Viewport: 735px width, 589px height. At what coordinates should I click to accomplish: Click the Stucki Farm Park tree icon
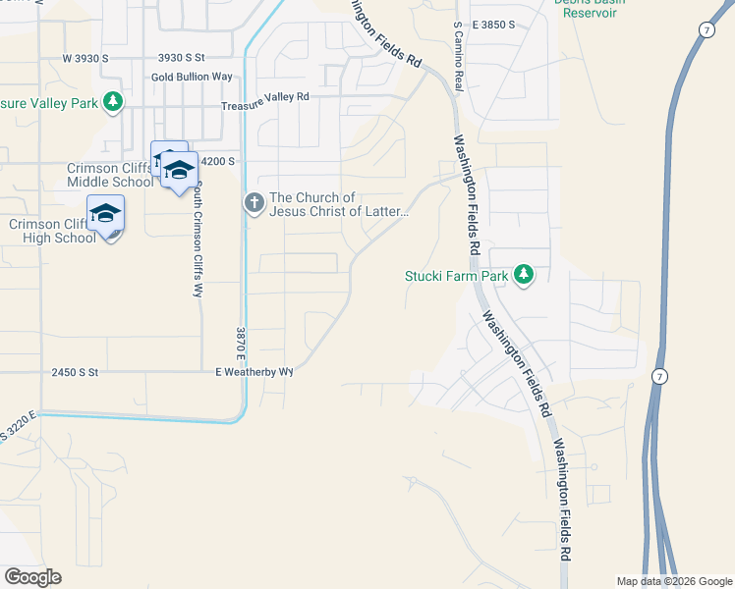tap(524, 275)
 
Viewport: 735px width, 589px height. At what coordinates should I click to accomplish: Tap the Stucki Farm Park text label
tap(457, 276)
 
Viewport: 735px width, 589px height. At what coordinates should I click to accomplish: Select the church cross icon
tap(254, 203)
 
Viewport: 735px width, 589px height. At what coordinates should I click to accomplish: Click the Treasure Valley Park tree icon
tap(114, 100)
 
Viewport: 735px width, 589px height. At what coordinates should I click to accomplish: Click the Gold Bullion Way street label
tap(192, 77)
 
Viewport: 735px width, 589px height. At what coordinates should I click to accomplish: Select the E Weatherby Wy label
tap(254, 373)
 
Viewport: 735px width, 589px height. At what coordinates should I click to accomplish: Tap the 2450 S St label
tap(76, 373)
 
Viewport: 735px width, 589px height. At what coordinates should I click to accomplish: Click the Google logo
tap(31, 577)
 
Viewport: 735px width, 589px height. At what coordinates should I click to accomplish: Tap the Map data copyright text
tap(674, 581)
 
